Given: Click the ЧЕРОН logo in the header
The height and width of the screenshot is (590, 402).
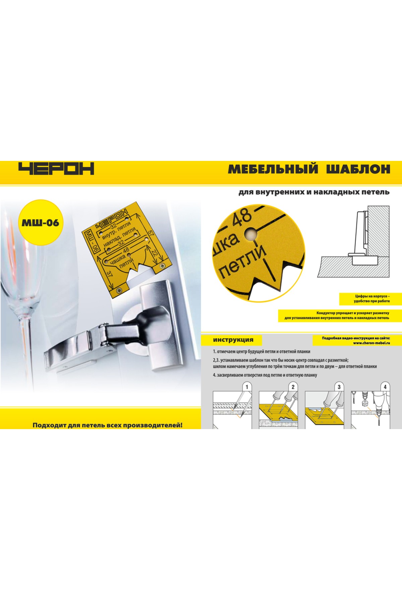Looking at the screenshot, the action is [56, 169].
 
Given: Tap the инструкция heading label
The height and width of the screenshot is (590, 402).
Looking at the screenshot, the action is [233, 340].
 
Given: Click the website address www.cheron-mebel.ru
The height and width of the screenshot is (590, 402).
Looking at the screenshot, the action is [372, 343].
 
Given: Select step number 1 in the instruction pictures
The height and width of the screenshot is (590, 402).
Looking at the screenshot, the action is [247, 387].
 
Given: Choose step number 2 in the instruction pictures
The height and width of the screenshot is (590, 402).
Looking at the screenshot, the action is [293, 387].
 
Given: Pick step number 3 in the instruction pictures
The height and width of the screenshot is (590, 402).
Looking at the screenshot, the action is [339, 387].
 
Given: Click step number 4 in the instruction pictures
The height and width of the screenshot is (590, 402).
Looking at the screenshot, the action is [385, 387].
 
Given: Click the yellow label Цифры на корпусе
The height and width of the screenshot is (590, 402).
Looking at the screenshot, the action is [372, 299].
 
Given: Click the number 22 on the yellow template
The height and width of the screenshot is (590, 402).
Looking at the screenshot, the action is [154, 254].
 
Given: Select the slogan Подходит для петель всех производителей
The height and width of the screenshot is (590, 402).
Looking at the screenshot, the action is [108, 425].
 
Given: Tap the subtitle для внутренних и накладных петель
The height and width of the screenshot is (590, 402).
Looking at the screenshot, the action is [314, 192].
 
